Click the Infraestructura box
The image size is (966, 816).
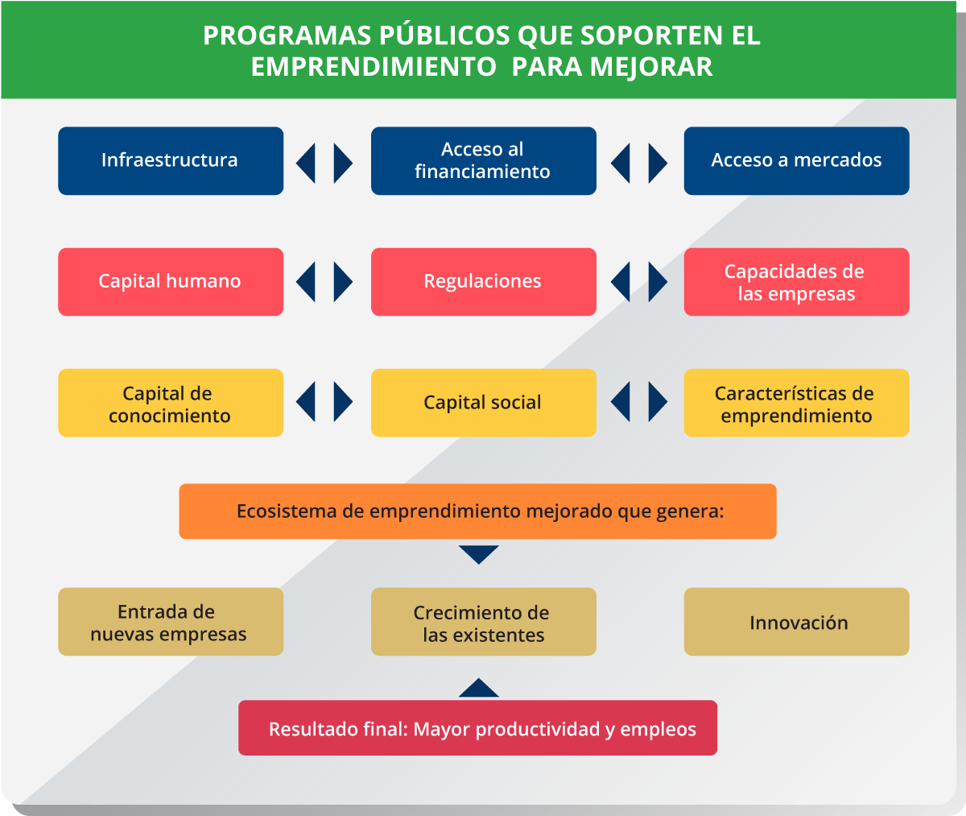[171, 160]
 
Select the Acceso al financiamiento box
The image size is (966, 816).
[484, 160]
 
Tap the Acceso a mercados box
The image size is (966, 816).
[797, 160]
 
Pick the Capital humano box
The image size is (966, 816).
[171, 282]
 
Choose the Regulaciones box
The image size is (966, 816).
[484, 282]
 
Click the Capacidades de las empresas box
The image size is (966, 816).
[797, 282]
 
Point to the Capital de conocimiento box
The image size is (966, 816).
[171, 403]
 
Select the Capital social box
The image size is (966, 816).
[484, 403]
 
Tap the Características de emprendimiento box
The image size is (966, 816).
[797, 403]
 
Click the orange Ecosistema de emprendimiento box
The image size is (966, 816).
[477, 512]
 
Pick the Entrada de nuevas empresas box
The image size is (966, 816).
[171, 622]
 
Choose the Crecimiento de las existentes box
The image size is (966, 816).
[484, 622]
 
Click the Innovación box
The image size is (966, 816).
[797, 622]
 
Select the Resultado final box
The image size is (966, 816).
[477, 727]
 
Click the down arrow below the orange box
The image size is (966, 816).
[479, 553]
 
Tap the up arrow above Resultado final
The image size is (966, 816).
[479, 689]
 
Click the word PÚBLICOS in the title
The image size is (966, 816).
[444, 35]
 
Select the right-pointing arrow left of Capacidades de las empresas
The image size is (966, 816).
[658, 282]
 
